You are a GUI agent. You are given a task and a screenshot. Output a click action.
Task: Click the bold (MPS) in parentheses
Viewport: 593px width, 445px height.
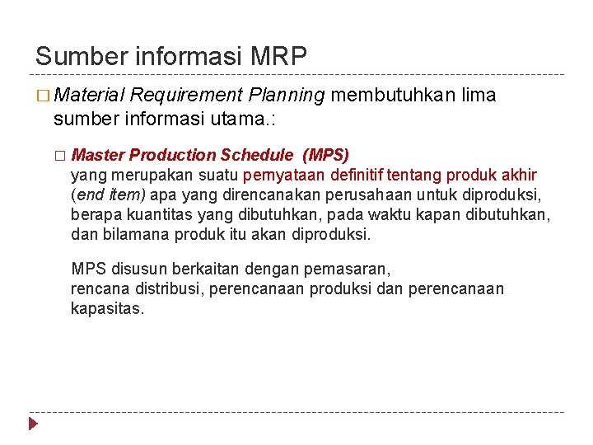pyautogui.click(x=326, y=155)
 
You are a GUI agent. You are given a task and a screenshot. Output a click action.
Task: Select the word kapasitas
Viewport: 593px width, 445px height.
pyautogui.click(x=107, y=310)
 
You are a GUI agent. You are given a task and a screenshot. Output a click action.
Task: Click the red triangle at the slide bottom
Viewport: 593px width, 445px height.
pyautogui.click(x=34, y=424)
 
